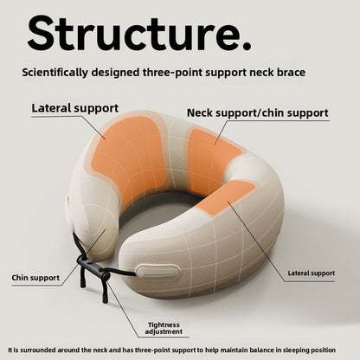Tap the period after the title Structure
point(246,46)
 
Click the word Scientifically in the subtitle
point(55,72)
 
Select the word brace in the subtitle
point(291,72)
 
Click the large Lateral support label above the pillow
point(75,108)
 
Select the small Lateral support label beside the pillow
point(312,273)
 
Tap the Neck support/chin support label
point(258,113)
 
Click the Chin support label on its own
point(35,278)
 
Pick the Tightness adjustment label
point(164,328)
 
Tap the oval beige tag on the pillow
point(158,273)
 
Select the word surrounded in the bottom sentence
point(38,350)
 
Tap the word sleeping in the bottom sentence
point(296,350)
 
